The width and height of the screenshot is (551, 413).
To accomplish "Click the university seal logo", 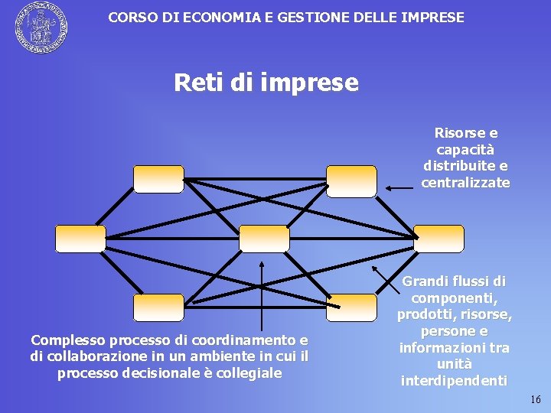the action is point(41,28).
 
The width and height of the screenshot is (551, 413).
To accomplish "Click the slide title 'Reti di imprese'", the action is point(266,82).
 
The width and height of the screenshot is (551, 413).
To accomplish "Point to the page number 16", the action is point(535,400).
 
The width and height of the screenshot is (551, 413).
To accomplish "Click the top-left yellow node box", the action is point(158,179).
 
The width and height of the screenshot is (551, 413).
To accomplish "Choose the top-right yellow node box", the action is point(351,180).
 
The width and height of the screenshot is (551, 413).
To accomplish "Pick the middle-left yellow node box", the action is point(80,239).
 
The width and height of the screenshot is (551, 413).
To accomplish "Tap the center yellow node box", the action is point(264,239).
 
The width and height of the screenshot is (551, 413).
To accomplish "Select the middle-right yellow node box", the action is point(439,239).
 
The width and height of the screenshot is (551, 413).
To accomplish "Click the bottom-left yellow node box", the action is point(158,307).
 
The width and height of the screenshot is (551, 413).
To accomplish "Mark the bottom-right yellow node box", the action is point(351,307).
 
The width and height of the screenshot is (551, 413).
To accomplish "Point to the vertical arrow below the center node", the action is point(262,298).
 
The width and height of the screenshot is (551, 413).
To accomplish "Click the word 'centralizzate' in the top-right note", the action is point(465,183).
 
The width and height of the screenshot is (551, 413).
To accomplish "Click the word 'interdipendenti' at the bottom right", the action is point(454,381).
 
